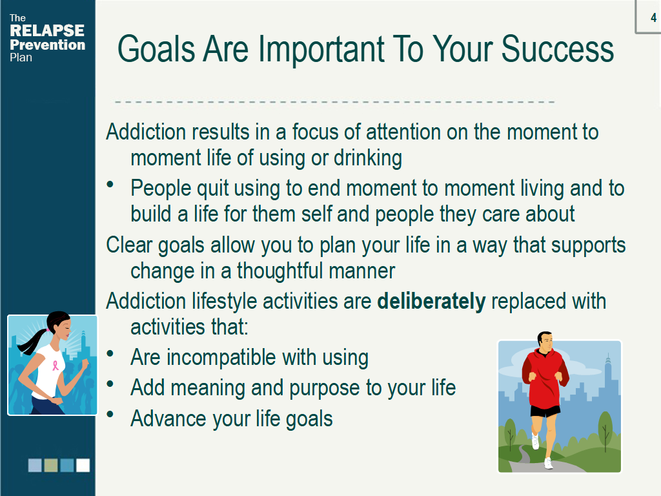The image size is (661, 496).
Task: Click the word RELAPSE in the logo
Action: click(x=46, y=30)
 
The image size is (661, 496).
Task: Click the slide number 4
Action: click(x=653, y=17)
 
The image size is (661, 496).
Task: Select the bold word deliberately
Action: click(x=431, y=301)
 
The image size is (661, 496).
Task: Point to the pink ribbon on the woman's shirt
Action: click(x=56, y=365)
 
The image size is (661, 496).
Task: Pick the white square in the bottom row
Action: click(x=83, y=465)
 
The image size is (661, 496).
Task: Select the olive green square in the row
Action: click(x=51, y=465)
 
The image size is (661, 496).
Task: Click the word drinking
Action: click(x=367, y=159)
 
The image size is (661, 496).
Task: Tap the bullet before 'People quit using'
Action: click(x=110, y=184)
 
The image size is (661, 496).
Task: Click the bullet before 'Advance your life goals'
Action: click(x=110, y=414)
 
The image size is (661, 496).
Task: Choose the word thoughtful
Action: click(x=280, y=271)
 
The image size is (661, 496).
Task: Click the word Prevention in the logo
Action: click(x=47, y=45)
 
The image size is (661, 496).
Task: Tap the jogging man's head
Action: click(x=545, y=341)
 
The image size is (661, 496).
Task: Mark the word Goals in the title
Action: click(x=156, y=49)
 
